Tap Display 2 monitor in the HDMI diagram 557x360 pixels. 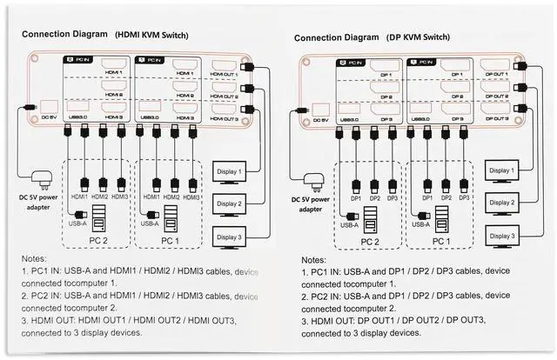[230, 203]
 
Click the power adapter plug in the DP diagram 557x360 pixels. [314, 183]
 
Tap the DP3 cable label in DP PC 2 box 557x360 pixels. [393, 198]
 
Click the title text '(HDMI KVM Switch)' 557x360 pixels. [151, 35]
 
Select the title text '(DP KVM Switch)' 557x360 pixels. [419, 37]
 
